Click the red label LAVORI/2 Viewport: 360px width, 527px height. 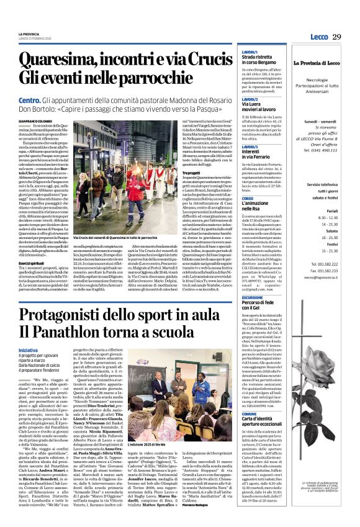tap(250, 98)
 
